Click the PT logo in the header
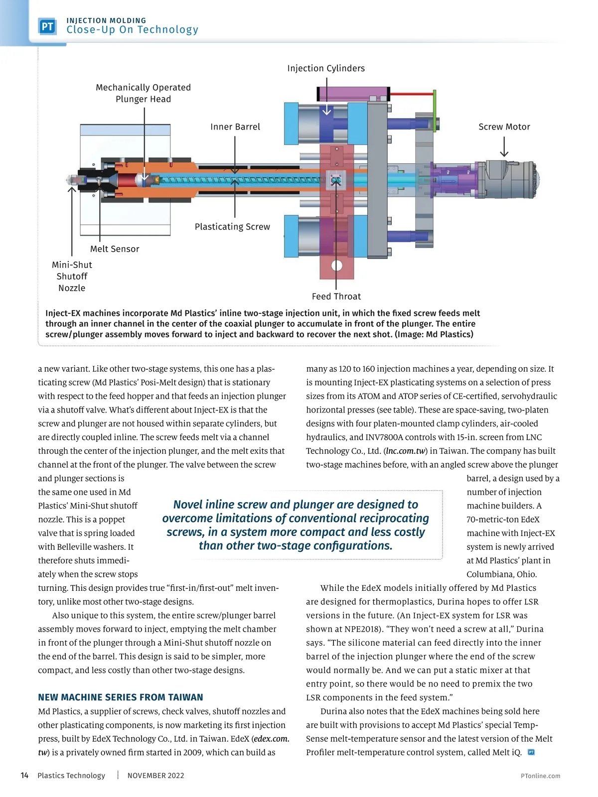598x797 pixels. coord(47,26)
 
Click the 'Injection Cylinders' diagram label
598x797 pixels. coord(326,68)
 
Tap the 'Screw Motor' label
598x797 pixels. coord(504,127)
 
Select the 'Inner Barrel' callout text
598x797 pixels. coord(235,127)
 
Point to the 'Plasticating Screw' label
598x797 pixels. coord(232,227)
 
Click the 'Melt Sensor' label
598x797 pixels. coord(115,249)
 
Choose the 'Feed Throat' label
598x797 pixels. coord(336,296)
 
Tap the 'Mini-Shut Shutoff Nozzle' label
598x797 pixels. coord(72,276)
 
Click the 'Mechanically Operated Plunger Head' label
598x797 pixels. coord(144,93)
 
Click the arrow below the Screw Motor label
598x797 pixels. coord(504,147)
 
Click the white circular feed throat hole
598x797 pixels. coord(337,265)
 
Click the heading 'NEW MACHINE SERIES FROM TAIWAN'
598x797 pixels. coord(121,697)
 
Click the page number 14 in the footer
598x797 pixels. coord(24,776)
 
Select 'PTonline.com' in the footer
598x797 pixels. coord(540,776)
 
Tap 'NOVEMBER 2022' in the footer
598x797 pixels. coord(155,776)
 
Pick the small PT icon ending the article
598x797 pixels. coord(531,752)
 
